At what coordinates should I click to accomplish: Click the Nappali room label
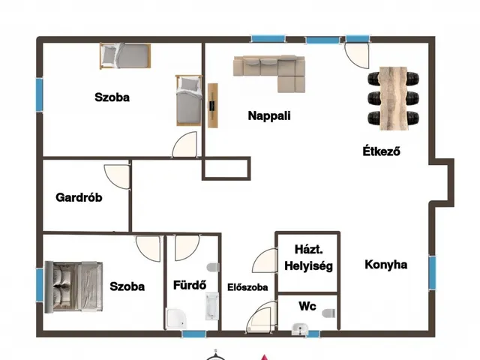(x=269, y=115)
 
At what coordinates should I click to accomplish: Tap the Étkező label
(x=381, y=151)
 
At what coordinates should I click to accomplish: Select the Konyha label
(x=386, y=265)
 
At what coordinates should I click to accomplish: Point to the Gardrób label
(x=79, y=197)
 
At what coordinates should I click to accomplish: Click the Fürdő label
(x=190, y=285)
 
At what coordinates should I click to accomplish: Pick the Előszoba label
(x=247, y=287)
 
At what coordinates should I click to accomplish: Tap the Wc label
(x=307, y=306)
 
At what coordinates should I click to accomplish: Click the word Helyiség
(x=308, y=266)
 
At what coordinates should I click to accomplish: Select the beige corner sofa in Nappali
(x=269, y=73)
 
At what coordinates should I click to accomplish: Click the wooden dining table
(x=394, y=98)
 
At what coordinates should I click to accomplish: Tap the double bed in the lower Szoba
(x=73, y=286)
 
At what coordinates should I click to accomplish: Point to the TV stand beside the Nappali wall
(x=213, y=105)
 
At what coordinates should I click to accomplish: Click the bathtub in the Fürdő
(x=211, y=306)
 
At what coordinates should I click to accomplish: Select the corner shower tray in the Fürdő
(x=176, y=318)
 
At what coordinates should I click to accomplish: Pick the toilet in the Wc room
(x=329, y=313)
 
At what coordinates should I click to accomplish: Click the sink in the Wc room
(x=300, y=329)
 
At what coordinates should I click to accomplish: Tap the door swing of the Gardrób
(x=117, y=177)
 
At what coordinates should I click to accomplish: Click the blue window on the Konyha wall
(x=432, y=273)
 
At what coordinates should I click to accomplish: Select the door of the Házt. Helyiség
(x=265, y=260)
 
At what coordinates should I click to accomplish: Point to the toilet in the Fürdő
(x=213, y=267)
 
